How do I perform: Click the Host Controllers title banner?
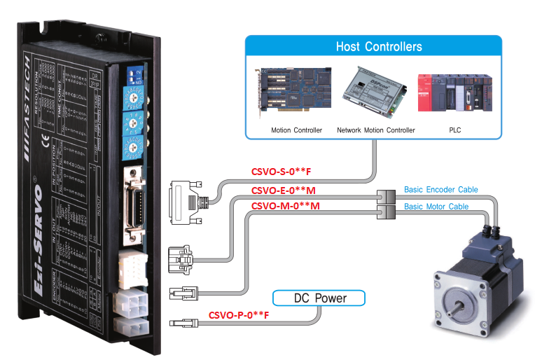(379, 48)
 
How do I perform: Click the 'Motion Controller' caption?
(297, 130)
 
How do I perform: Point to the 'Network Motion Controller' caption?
(375, 130)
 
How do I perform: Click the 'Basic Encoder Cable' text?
(440, 190)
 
